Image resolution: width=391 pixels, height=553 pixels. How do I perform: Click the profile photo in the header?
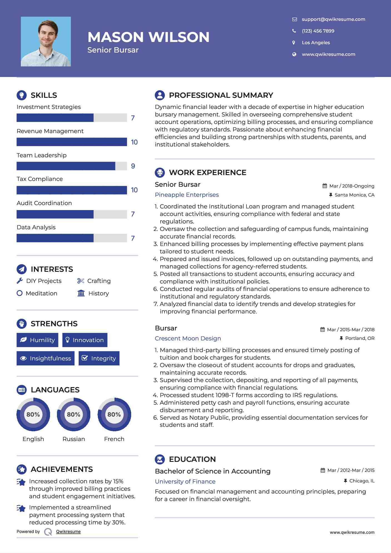(x=46, y=41)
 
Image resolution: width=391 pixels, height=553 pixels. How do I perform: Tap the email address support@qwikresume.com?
(x=333, y=19)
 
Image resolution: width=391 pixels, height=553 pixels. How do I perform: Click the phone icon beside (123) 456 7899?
(x=294, y=31)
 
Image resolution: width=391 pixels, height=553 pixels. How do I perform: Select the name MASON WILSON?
(x=148, y=37)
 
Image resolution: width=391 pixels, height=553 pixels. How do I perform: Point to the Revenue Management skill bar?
(x=72, y=142)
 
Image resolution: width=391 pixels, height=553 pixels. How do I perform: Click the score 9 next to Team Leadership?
(x=133, y=166)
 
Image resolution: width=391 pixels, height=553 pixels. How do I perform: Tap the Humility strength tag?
(x=38, y=340)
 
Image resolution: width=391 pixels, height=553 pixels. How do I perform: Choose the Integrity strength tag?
(x=99, y=358)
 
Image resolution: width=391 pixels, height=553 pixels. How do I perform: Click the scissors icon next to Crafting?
(x=81, y=281)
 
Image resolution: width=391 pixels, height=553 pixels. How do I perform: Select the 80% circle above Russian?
(x=74, y=414)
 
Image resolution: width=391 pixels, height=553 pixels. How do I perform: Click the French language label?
(x=114, y=439)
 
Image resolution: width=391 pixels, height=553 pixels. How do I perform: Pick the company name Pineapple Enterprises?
(x=187, y=195)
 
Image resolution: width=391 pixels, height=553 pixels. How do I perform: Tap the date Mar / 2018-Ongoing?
(x=352, y=186)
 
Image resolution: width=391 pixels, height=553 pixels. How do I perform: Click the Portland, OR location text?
(x=360, y=338)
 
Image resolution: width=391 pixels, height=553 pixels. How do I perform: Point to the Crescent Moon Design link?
(x=188, y=338)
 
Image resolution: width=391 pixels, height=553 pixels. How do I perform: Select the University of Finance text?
(x=185, y=481)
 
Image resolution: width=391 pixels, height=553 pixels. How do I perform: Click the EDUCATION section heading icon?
(x=160, y=459)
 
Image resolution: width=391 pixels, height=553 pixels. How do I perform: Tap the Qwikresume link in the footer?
(x=68, y=532)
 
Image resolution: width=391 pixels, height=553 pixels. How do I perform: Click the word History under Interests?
(x=99, y=293)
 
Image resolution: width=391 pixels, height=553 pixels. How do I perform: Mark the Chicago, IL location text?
(x=362, y=481)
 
